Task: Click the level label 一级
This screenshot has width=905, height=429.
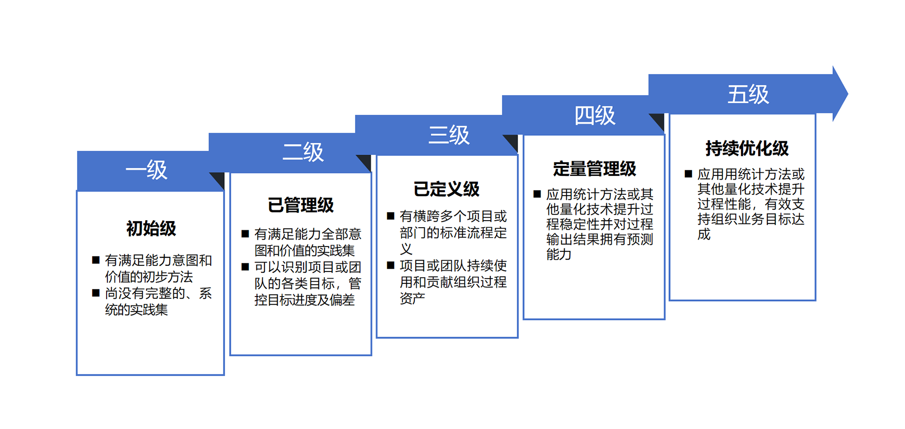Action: click(147, 170)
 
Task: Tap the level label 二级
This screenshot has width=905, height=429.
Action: click(303, 152)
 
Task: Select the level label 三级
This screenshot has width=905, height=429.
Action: click(449, 135)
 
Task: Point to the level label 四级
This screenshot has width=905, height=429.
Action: click(595, 115)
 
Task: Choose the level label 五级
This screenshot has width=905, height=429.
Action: click(748, 94)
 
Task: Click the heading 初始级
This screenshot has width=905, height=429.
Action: click(151, 229)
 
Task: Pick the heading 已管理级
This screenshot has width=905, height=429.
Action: click(301, 205)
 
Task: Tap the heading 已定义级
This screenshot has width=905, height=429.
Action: click(446, 189)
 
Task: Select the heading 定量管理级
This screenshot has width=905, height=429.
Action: click(595, 168)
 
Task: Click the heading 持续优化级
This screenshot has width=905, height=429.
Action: click(747, 148)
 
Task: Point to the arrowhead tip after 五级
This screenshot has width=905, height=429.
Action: click(848, 94)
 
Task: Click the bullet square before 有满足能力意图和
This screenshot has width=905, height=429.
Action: click(96, 260)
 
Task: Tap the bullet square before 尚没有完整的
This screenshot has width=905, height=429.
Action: click(96, 293)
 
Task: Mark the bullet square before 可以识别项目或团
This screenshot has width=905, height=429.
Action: click(245, 267)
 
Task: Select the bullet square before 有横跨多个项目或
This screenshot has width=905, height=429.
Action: click(390, 216)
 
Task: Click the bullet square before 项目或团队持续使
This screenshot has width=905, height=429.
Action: click(390, 265)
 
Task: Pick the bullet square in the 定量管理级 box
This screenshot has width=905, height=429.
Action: click(537, 194)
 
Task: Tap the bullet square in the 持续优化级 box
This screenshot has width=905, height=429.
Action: click(688, 174)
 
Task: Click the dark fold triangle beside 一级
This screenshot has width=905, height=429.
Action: click(219, 180)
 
